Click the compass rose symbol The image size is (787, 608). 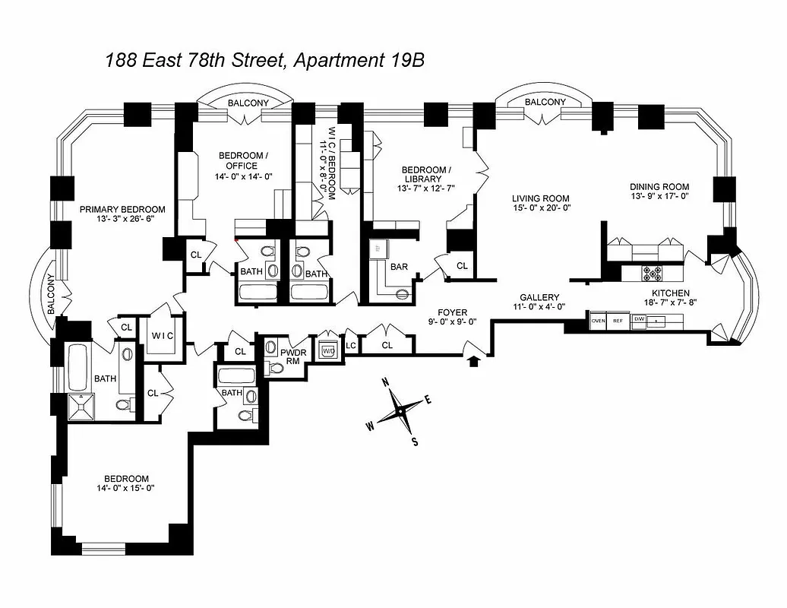399,410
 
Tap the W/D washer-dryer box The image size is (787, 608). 328,351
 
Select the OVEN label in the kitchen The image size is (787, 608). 598,321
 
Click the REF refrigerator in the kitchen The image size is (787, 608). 618,321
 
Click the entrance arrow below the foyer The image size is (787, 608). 475,360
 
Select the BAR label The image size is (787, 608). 400,268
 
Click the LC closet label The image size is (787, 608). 350,346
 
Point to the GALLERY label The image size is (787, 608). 539,297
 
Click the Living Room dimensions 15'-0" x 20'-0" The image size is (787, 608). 540,207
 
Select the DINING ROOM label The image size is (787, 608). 659,186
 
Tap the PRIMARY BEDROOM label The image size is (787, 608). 122,210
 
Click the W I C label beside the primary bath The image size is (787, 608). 163,335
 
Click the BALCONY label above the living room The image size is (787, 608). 545,103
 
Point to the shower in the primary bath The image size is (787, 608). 80,406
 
